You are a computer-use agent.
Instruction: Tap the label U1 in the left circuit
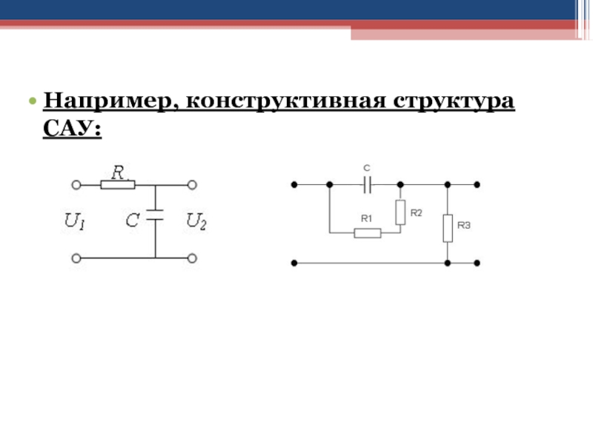[x=76, y=221]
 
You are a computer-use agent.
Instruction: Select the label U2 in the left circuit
[x=196, y=221]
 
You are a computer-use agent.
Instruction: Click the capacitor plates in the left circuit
[x=155, y=215]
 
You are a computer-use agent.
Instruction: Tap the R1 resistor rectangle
[x=368, y=233]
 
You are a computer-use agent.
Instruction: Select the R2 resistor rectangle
[x=400, y=212]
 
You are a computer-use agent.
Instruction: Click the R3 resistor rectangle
[x=448, y=228]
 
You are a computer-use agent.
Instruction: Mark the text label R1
[x=366, y=218]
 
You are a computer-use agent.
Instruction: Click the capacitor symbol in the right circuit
[x=367, y=184]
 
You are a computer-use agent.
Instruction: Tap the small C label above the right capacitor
[x=367, y=169]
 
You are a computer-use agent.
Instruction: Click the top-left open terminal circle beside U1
[x=75, y=184]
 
